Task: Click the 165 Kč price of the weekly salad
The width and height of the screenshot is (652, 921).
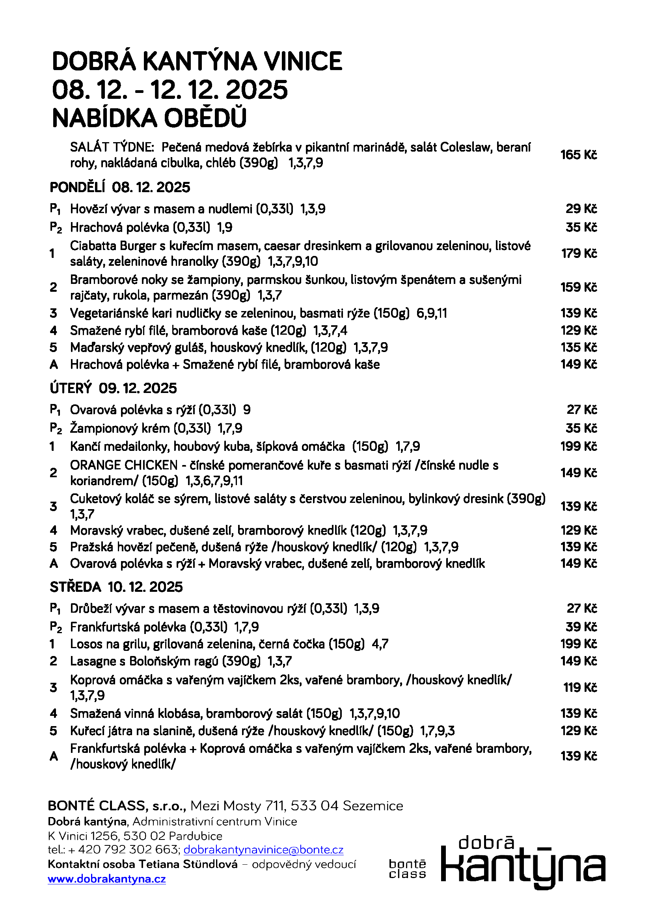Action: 579,155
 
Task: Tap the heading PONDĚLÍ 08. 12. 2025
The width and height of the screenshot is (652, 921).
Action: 120,187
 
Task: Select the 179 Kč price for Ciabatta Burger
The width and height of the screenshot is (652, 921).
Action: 579,254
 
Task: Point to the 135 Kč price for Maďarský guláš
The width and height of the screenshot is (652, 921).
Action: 579,347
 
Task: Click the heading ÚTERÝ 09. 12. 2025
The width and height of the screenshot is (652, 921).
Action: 113,388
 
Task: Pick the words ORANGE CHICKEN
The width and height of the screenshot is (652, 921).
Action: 124,465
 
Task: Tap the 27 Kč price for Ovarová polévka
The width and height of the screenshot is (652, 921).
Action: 582,410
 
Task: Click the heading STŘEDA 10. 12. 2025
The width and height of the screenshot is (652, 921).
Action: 116,587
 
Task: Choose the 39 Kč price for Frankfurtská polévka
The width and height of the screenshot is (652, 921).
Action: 581,626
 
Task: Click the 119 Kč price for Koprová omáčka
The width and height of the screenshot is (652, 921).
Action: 580,688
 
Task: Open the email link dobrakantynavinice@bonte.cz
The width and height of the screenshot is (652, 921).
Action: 263,850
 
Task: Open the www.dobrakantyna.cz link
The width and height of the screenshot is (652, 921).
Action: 107,879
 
